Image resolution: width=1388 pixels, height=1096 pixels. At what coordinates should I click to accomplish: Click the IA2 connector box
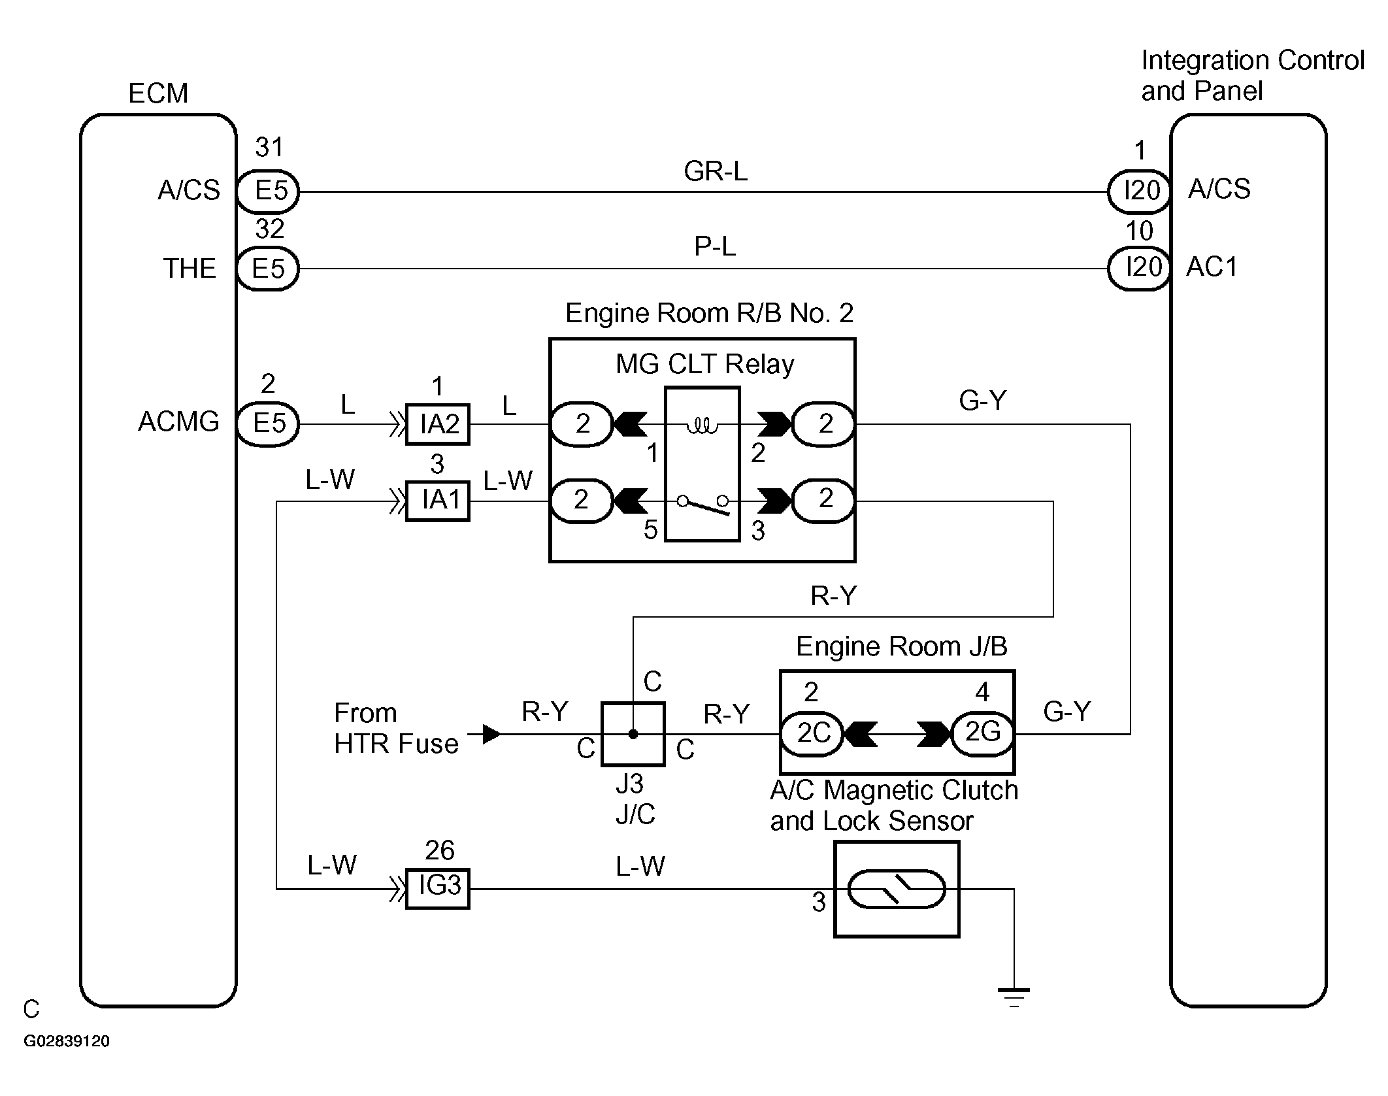pos(438,424)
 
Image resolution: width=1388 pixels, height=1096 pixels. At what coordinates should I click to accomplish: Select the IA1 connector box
pos(438,501)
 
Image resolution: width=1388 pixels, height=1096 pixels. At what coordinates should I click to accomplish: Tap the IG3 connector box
pos(438,888)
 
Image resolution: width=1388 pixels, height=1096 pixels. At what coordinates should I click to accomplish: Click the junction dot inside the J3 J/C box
pos(633,734)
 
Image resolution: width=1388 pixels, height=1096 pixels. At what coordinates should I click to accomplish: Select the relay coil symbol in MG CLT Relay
pos(702,427)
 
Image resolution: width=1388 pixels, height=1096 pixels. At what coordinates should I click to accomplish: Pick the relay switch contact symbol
pos(702,504)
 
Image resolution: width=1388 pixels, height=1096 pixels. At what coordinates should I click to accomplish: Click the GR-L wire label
pos(716,171)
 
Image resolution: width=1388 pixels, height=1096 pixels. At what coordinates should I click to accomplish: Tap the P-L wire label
pos(715,246)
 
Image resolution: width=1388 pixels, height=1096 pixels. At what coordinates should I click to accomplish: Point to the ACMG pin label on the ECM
pos(178,422)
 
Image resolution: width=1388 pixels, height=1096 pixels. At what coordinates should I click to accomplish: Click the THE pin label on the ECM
pos(189,269)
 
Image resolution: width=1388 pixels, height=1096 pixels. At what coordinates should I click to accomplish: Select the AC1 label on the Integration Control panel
pos(1212,267)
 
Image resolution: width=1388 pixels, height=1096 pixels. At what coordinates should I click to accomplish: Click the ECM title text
pos(158,93)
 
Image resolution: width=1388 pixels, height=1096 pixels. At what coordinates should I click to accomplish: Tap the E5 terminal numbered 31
pos(267,191)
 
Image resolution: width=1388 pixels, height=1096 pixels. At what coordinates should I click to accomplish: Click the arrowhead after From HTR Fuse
pos(492,734)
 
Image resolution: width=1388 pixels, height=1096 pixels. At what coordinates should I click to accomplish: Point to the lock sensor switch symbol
pos(896,889)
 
